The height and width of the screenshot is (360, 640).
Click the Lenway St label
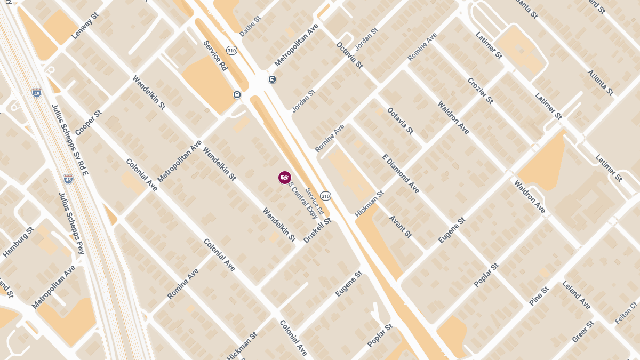[85, 26]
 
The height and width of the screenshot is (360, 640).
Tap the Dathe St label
[250, 26]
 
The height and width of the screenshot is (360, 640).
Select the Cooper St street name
[88, 123]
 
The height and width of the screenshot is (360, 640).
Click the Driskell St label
[317, 230]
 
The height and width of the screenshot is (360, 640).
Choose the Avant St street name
[401, 227]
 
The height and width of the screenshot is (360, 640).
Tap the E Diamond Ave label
[401, 173]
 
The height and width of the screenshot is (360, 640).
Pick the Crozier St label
[480, 90]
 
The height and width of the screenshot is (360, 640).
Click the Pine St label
[539, 296]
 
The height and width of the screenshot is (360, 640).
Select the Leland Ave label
[576, 295]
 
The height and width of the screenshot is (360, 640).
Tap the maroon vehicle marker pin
[285, 178]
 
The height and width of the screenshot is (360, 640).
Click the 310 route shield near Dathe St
[231, 51]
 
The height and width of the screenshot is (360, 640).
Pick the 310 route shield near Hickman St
[325, 196]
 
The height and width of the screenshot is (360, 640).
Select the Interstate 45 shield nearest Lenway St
[37, 93]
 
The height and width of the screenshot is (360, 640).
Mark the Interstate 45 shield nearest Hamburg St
[68, 179]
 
